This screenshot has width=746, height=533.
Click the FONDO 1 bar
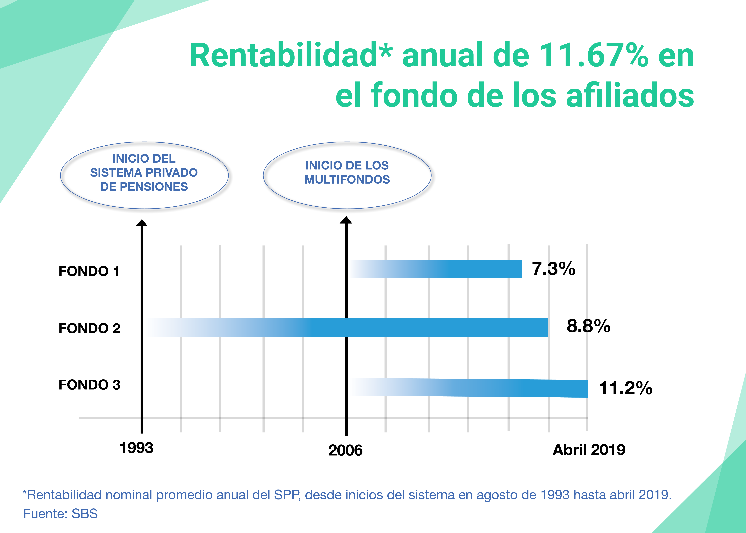(436, 268)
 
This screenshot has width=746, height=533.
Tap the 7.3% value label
(553, 268)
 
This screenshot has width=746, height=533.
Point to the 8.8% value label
(588, 326)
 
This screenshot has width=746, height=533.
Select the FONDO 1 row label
(89, 271)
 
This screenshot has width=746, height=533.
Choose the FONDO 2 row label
(89, 328)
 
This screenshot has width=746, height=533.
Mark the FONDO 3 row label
(89, 385)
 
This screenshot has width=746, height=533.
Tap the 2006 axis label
(345, 450)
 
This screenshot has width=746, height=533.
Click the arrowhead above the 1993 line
(142, 223)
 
